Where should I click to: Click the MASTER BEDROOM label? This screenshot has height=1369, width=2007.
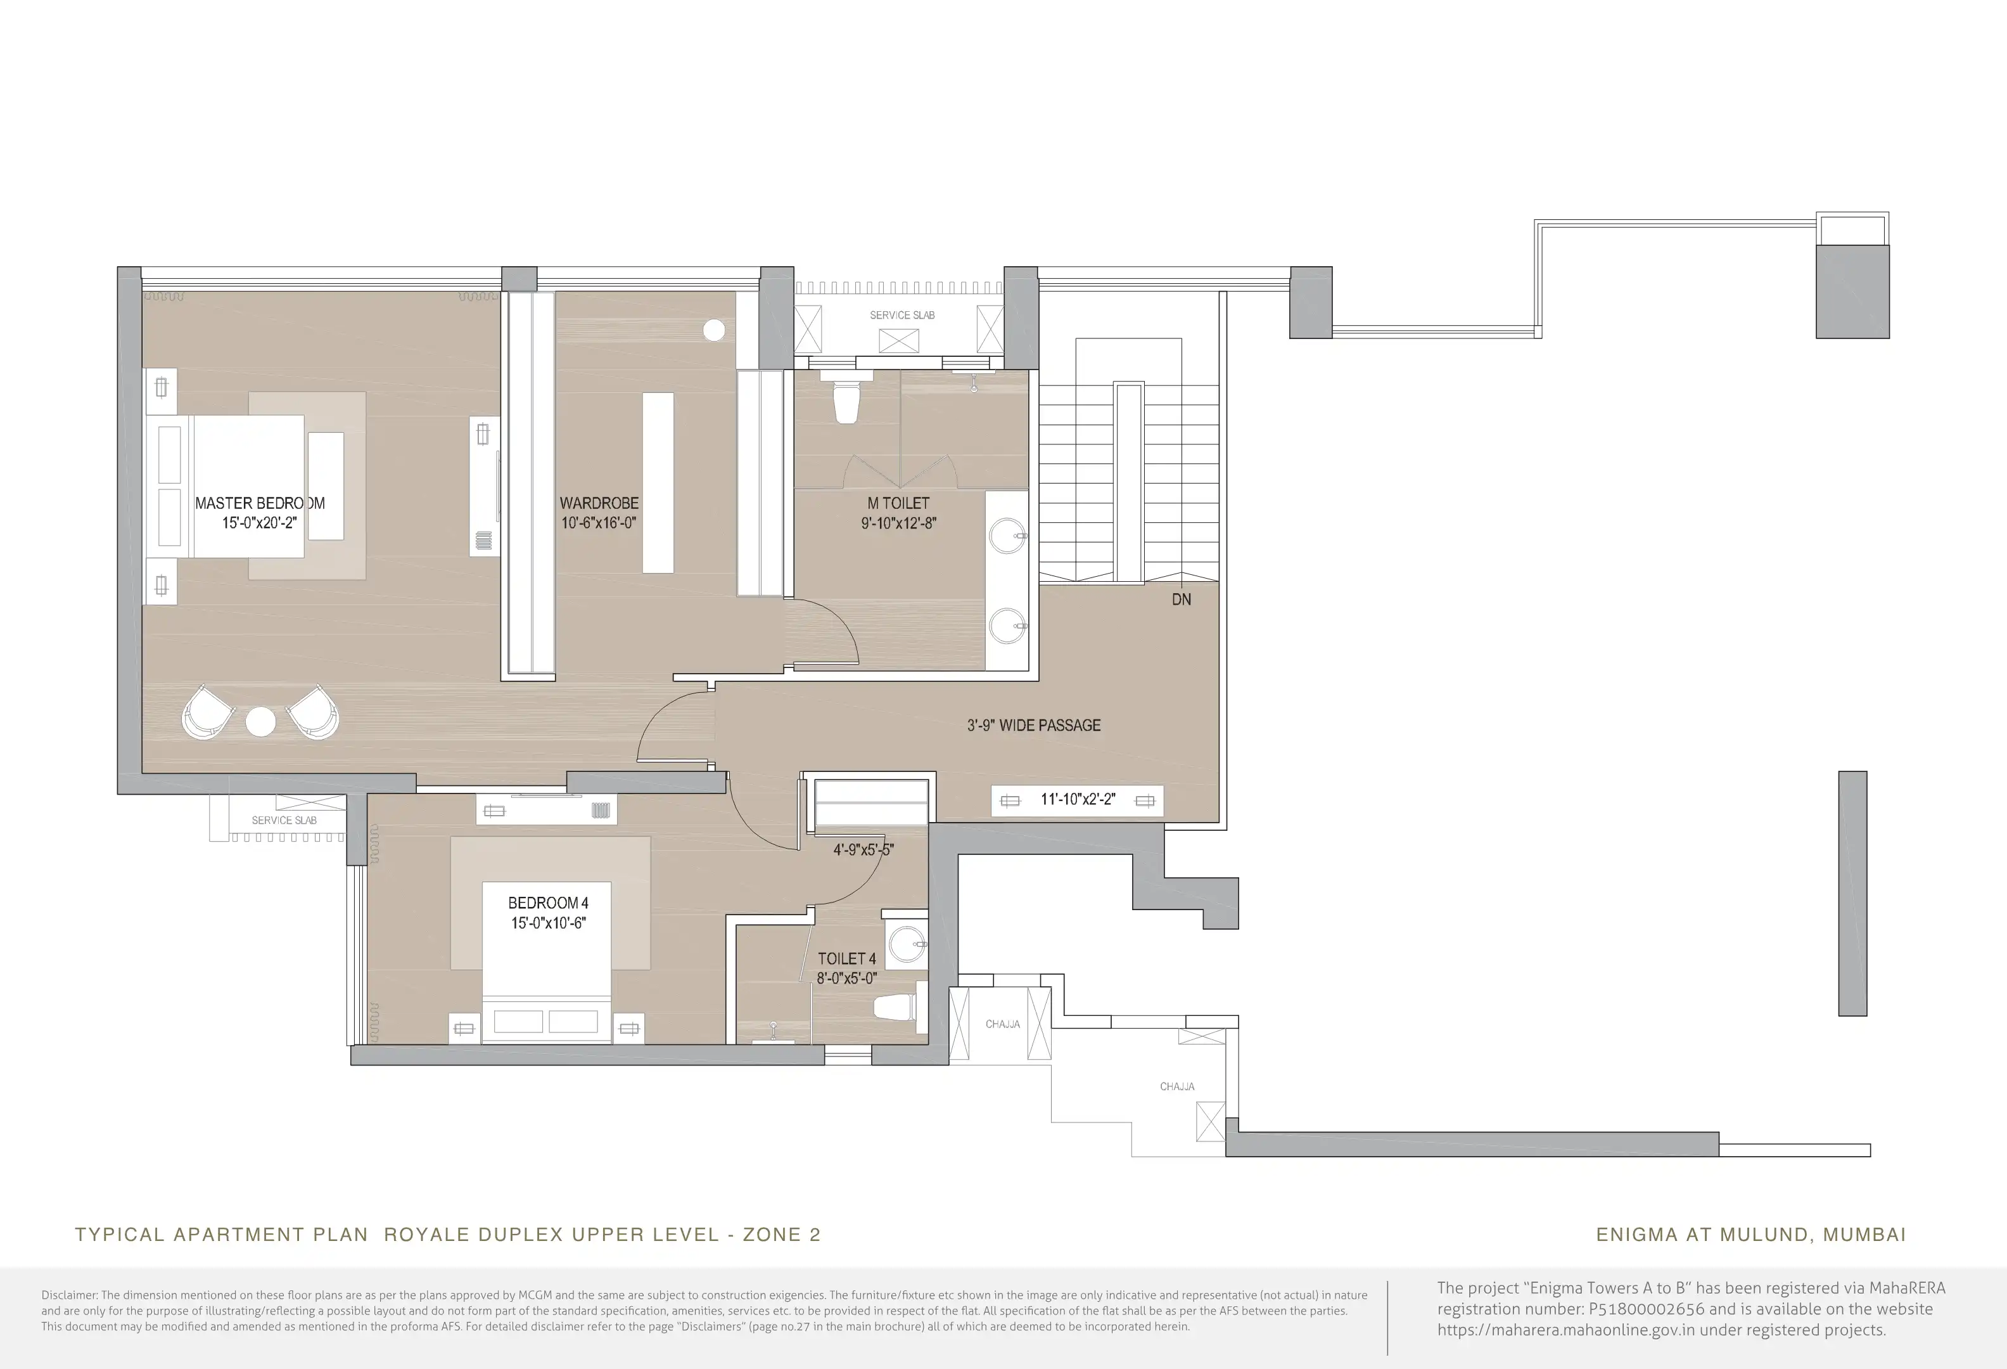[x=260, y=503]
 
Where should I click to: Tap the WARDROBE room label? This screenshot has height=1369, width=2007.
[x=599, y=503]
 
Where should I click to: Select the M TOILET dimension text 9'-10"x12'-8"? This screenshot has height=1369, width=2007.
[x=898, y=522]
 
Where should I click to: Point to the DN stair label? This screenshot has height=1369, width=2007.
[x=1182, y=600]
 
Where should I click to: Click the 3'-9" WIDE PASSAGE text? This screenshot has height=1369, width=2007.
[x=1034, y=726]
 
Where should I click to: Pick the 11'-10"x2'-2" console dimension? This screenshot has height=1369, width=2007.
[x=1078, y=800]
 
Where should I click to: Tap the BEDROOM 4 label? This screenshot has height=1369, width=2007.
[x=549, y=903]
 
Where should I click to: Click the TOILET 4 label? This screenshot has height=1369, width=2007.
[x=847, y=959]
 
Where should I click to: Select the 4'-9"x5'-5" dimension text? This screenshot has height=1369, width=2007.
[x=863, y=850]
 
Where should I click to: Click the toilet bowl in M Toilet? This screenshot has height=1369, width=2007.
[x=846, y=402]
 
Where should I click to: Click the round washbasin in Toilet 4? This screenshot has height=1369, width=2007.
[x=906, y=945]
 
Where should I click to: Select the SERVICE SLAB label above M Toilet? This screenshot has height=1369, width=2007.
[x=902, y=315]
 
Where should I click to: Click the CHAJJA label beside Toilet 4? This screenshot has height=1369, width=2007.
[x=1003, y=1024]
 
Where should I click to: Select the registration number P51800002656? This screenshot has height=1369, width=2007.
[x=1647, y=1309]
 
